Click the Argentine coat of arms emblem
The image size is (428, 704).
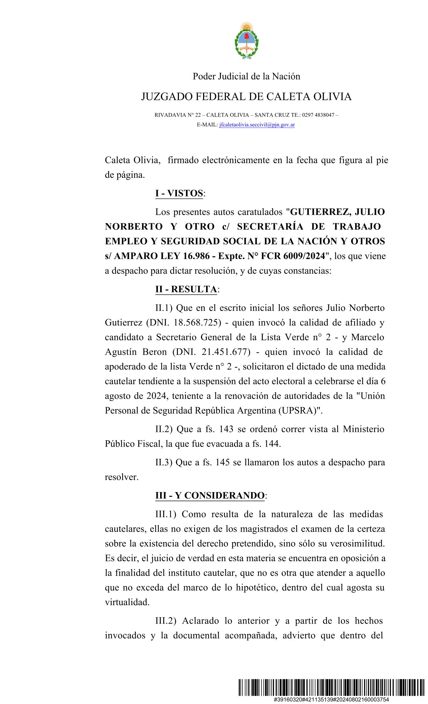point(246,41)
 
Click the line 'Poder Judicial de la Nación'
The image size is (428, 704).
point(246,76)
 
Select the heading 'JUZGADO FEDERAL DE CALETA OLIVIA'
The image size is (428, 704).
point(246,97)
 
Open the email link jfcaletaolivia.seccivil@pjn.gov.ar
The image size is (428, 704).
point(257,125)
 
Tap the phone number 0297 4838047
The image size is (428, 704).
point(318,115)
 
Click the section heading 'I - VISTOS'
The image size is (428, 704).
point(179,193)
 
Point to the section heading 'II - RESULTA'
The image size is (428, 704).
point(186,289)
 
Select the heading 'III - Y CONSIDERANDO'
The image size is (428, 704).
point(210,495)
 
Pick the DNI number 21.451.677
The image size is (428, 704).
point(225,352)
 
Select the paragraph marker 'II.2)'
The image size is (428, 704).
point(164,429)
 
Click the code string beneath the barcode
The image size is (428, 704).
point(331,700)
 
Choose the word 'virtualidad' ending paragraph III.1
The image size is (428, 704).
point(127,602)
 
